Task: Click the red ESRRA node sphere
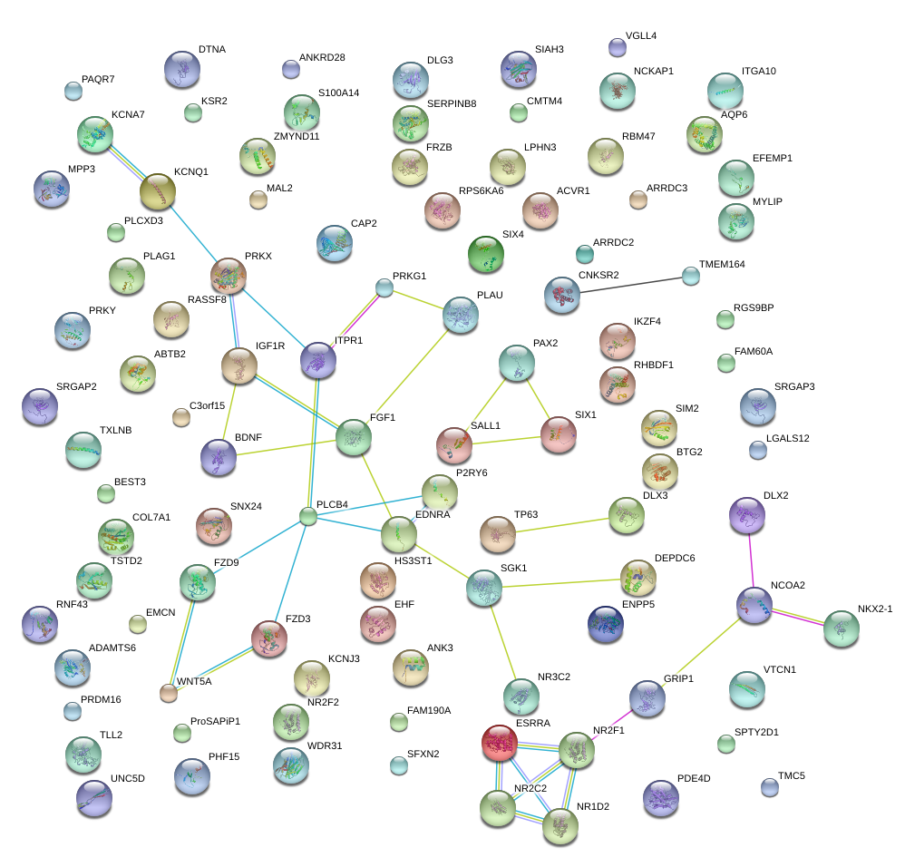click(x=499, y=743)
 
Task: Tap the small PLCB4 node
click(x=308, y=517)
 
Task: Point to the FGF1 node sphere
click(x=354, y=437)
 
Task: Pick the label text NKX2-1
click(x=875, y=609)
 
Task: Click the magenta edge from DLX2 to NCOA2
click(x=750, y=561)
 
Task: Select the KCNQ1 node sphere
click(x=158, y=191)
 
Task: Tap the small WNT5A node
click(x=168, y=694)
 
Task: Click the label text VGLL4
click(x=641, y=36)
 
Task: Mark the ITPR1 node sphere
click(x=318, y=361)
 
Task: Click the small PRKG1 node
click(x=384, y=288)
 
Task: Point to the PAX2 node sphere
click(x=517, y=363)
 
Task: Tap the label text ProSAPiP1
click(x=215, y=721)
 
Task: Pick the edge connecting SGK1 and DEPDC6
click(x=562, y=582)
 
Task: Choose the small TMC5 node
click(x=770, y=787)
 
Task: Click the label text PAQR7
click(x=98, y=80)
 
